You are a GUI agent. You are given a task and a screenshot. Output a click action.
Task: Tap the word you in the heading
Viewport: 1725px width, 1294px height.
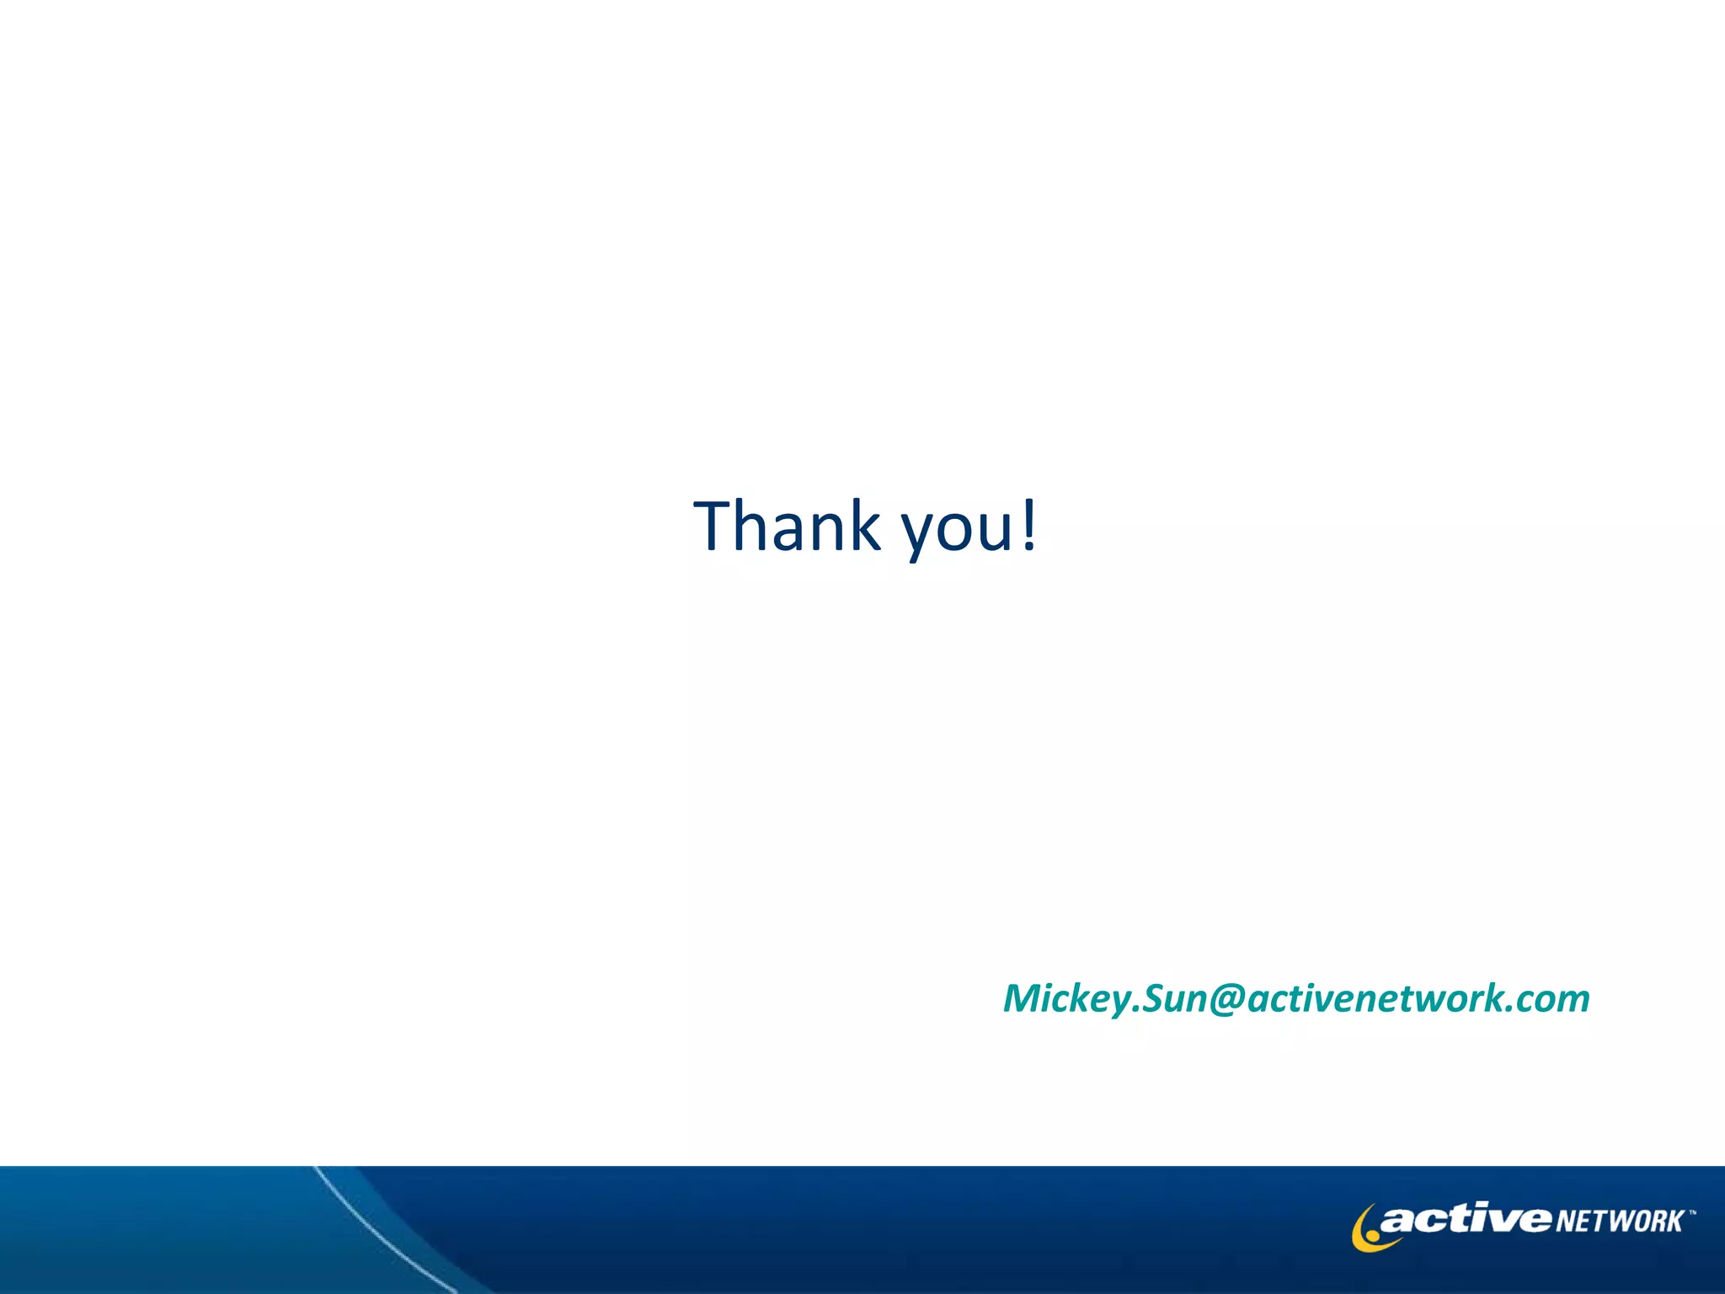(957, 531)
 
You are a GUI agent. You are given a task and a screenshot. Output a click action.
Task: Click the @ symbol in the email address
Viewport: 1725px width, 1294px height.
(1227, 999)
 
